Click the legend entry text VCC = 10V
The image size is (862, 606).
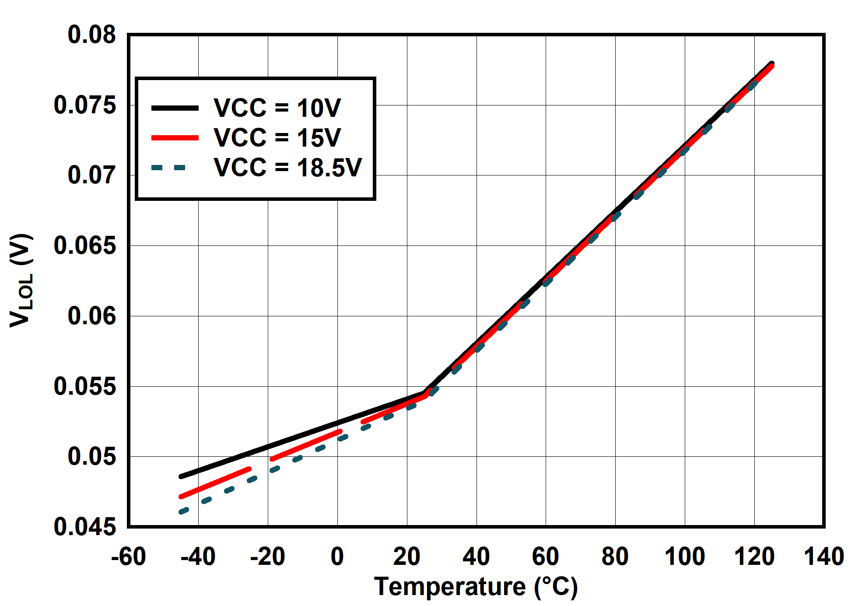point(277,108)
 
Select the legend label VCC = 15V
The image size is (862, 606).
point(277,137)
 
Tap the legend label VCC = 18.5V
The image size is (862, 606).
point(287,167)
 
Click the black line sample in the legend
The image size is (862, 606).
point(175,108)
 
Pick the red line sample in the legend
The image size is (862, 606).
point(175,138)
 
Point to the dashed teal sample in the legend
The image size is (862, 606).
point(169,168)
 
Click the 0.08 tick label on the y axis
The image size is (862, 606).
point(91,35)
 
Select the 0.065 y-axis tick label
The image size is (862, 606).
point(85,245)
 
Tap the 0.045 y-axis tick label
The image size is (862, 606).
point(85,527)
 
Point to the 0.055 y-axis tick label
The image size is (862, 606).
point(85,386)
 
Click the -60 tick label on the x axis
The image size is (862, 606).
point(128,557)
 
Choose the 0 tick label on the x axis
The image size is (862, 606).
point(337,557)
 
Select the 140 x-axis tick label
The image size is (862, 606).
point(824,557)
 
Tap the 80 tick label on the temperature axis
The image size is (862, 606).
point(615,557)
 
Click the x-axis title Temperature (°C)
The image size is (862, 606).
point(476,587)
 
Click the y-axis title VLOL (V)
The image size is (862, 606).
point(21,280)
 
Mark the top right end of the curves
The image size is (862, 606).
point(772,64)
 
